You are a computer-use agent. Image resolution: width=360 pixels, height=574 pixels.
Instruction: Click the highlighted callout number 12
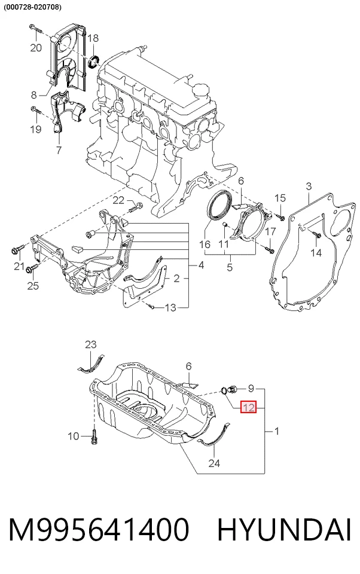(248, 407)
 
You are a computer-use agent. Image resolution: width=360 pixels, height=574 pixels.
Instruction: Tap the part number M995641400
(99, 530)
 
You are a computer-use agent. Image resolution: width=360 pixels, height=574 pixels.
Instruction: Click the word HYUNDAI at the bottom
(284, 530)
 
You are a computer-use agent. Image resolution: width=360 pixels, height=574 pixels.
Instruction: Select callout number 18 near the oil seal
(93, 38)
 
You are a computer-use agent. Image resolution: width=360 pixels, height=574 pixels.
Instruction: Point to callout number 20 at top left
(36, 48)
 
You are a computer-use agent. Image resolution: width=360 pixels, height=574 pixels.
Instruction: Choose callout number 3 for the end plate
(309, 187)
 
